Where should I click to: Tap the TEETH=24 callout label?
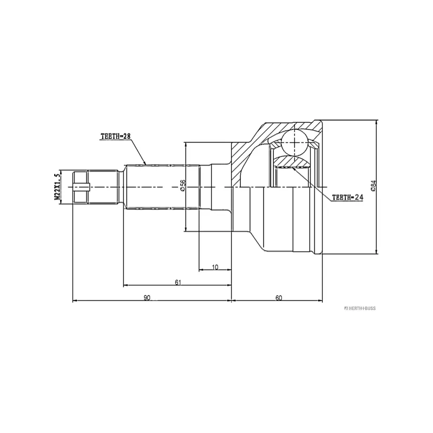click(x=346, y=197)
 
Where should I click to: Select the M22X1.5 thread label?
click(x=57, y=187)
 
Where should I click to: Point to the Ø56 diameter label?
click(x=182, y=185)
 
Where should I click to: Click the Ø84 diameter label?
click(x=373, y=186)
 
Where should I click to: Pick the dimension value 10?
click(x=215, y=267)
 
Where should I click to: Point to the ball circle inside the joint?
click(x=294, y=142)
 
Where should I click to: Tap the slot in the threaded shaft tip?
click(x=81, y=187)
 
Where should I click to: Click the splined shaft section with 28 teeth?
click(x=162, y=187)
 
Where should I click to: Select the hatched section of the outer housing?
click(x=244, y=157)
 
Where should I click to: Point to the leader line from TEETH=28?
click(x=139, y=151)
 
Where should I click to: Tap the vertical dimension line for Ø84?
click(x=377, y=216)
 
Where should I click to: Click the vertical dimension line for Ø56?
click(x=186, y=211)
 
